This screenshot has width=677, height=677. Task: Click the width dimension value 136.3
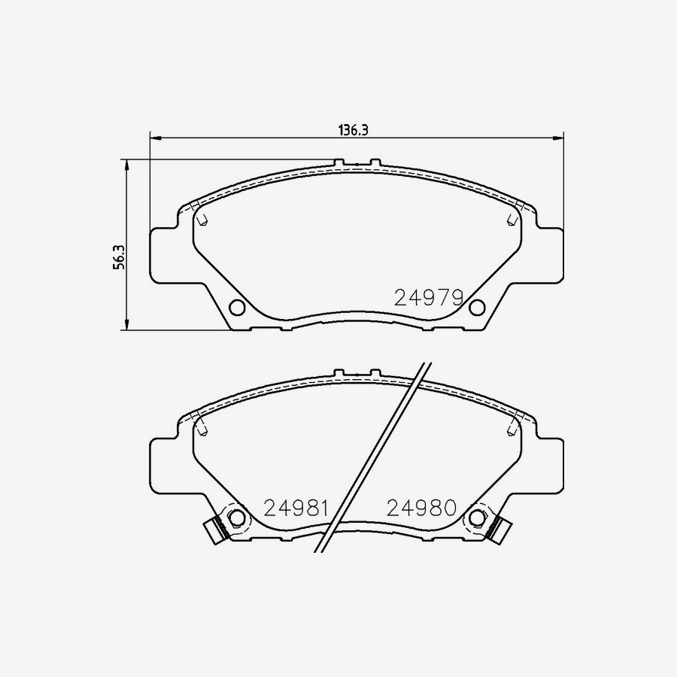pyautogui.click(x=352, y=129)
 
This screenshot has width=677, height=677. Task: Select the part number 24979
pyautogui.click(x=428, y=298)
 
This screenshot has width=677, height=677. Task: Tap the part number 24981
pyautogui.click(x=296, y=508)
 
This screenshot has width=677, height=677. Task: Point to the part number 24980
pyautogui.click(x=421, y=508)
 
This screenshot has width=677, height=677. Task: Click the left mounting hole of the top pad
pyautogui.click(x=237, y=307)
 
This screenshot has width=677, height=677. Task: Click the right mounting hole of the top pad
pyautogui.click(x=476, y=307)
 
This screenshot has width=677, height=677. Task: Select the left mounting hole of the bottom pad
pyautogui.click(x=237, y=518)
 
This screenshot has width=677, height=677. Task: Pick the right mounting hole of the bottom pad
pyautogui.click(x=476, y=518)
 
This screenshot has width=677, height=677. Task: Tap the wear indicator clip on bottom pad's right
pyautogui.click(x=496, y=530)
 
